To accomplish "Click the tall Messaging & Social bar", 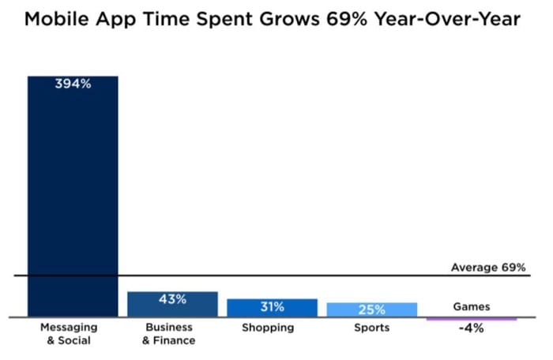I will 73,197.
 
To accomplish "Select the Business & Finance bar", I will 172,305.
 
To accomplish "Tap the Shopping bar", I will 272,308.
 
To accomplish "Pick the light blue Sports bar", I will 371,309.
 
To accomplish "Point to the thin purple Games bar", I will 472,319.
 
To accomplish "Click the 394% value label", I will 73,84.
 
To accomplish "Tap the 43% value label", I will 172,299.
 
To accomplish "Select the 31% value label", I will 272,307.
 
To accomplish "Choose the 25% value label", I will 371,309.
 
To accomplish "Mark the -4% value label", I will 472,328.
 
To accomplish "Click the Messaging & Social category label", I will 69,334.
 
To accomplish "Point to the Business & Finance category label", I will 168,334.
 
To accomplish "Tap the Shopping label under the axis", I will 268,328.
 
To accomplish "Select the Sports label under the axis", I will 371,328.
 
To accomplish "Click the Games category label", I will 472,306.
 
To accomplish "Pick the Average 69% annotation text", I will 488,268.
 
